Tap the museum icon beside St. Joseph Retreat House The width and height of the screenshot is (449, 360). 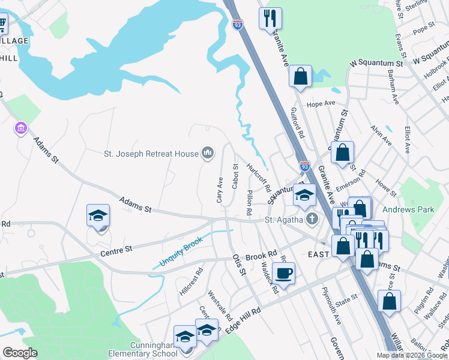pyautogui.click(x=208, y=154)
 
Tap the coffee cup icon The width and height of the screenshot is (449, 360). pyautogui.click(x=285, y=273)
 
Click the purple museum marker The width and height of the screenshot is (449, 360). pyautogui.click(x=21, y=128)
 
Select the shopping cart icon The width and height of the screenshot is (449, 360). pyautogui.click(x=2, y=25)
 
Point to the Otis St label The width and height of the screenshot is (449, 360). pyautogui.click(x=239, y=264)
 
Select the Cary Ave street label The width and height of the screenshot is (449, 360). pyautogui.click(x=220, y=190)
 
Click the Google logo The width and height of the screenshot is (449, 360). pyautogui.click(x=20, y=353)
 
